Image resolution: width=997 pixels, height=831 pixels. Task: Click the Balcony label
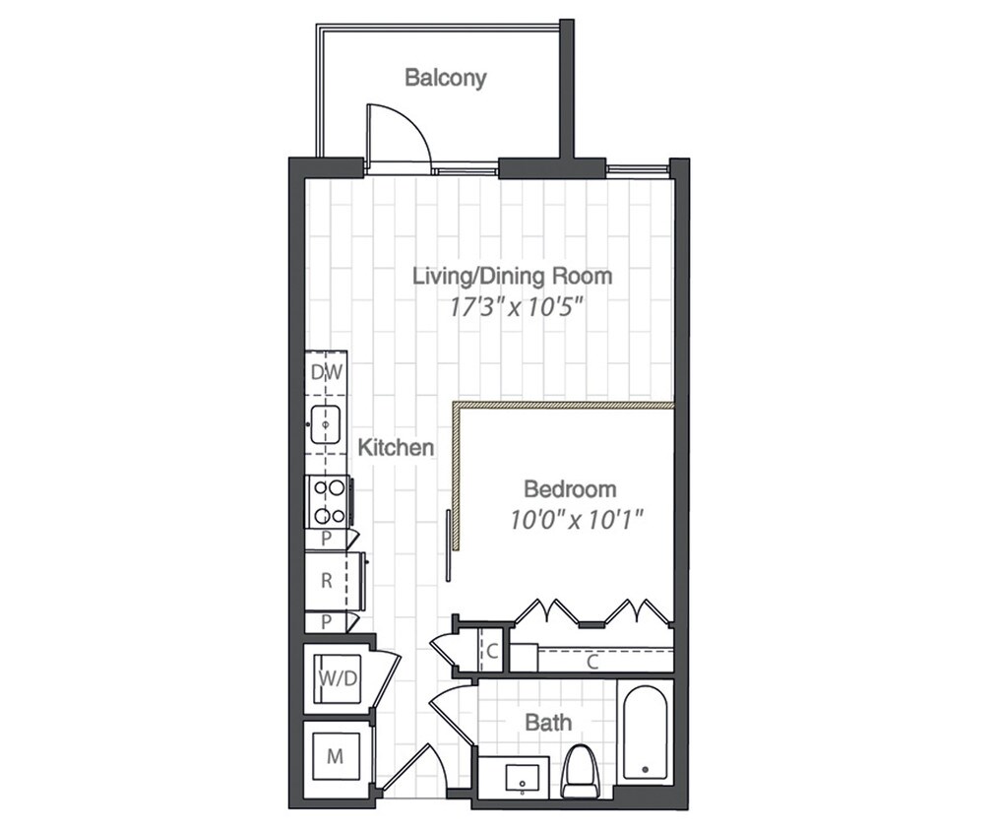pos(446,78)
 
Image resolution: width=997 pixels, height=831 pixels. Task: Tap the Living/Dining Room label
pos(513,276)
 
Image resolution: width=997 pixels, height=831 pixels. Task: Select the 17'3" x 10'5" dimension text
pos(517,308)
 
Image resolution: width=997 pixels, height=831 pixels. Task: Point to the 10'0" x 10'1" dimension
pos(574,520)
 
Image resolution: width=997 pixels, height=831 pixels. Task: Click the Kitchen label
pos(396,447)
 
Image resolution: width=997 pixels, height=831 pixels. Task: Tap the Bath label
pos(548,723)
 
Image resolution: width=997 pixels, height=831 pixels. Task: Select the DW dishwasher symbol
pos(326,372)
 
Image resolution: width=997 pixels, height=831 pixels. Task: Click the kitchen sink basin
pos(325,424)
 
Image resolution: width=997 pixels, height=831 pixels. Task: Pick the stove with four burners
pos(328,501)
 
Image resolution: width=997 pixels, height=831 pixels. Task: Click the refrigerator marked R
pos(326,580)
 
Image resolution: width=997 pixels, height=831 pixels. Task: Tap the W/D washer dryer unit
pos(339,679)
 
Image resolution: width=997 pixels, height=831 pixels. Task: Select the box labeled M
pos(335,756)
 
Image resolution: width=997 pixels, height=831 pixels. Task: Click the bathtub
pos(645,733)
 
